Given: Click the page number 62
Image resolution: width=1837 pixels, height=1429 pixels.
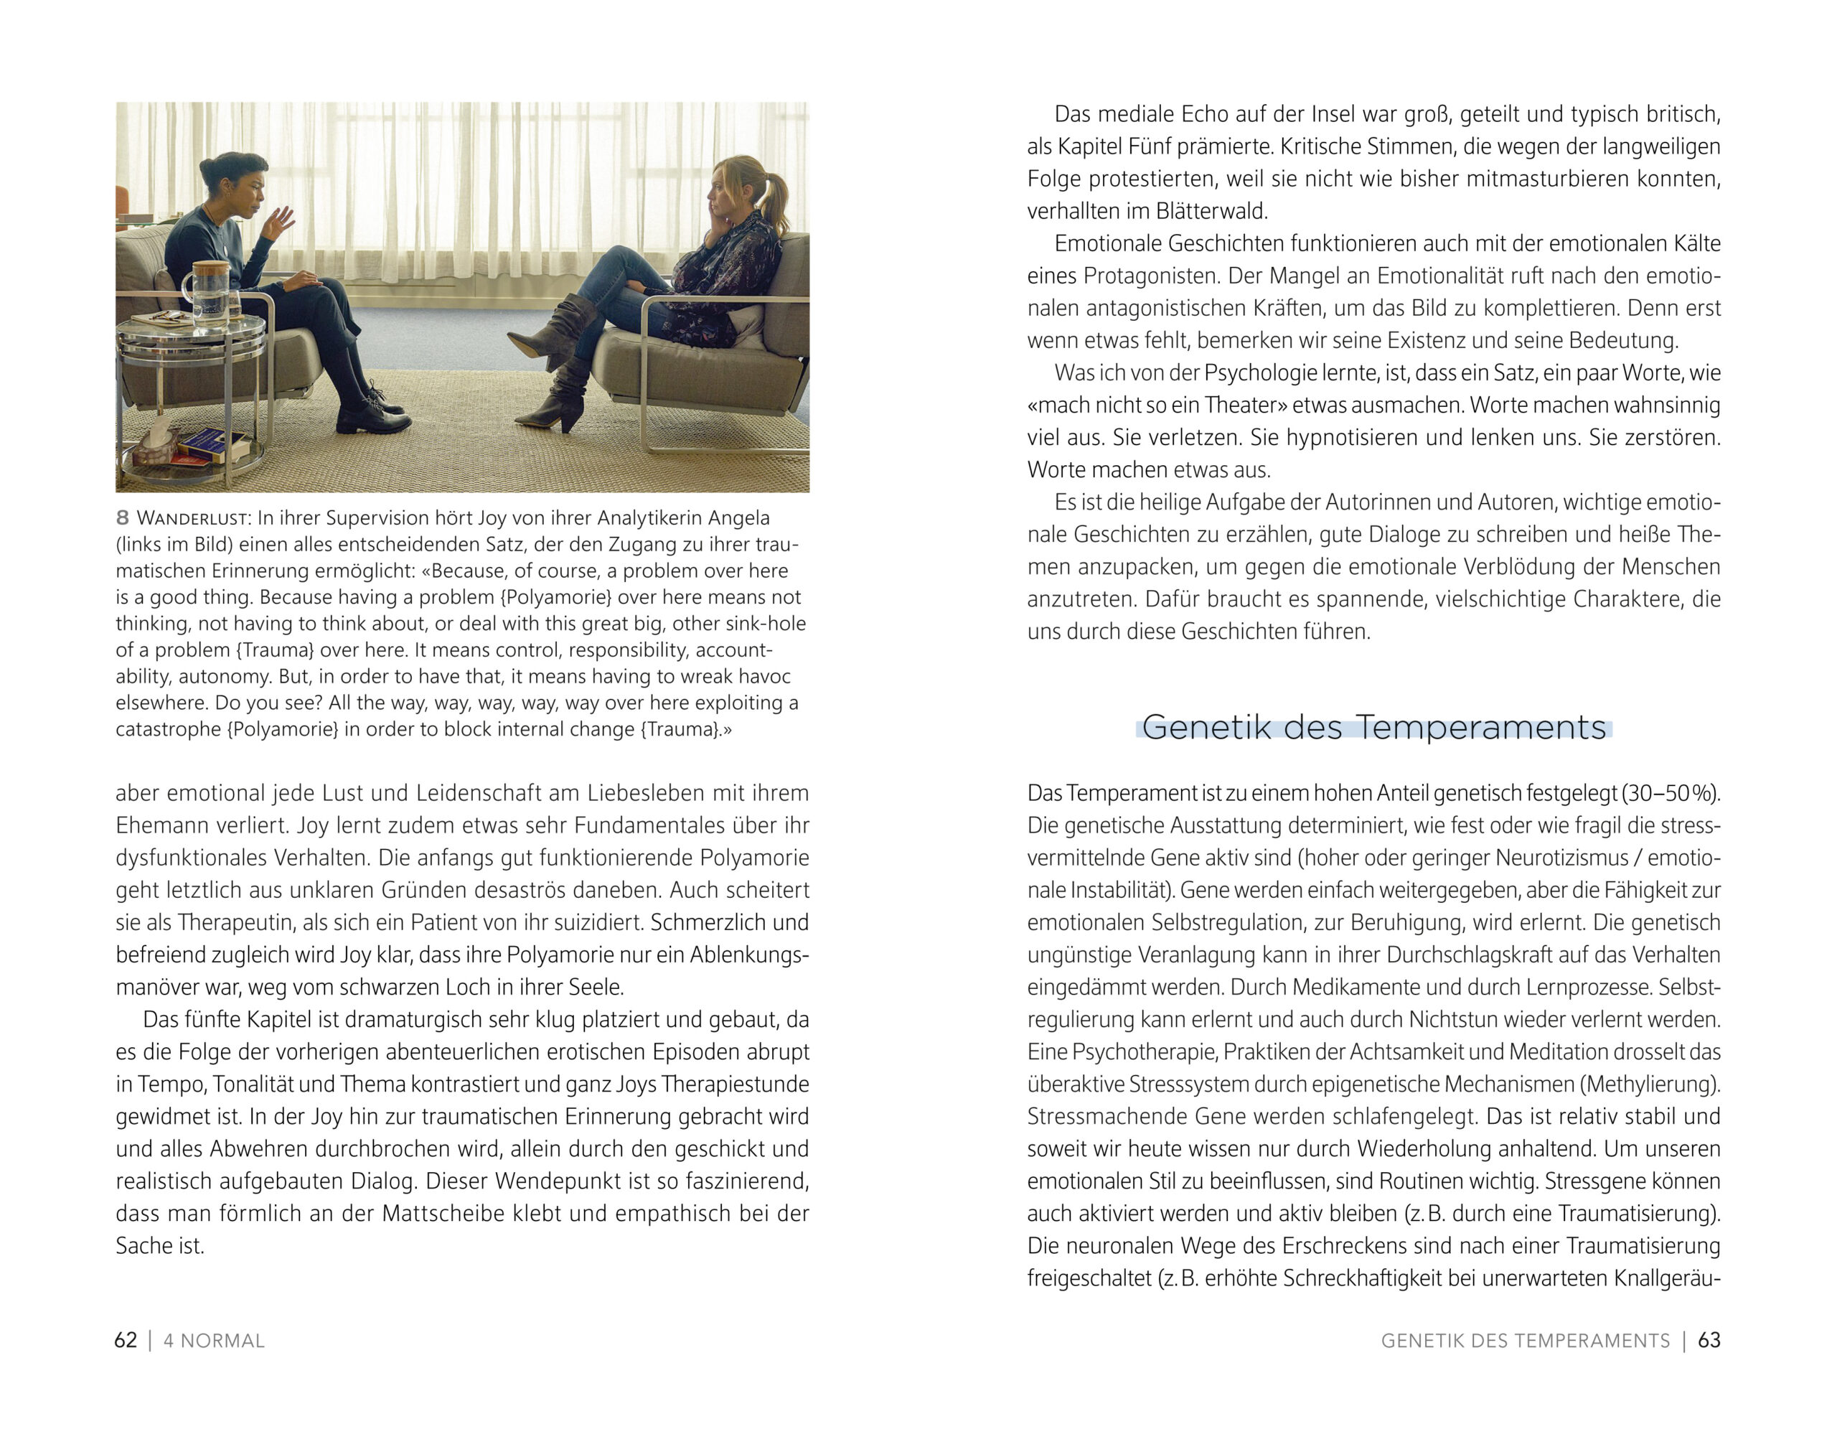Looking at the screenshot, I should [126, 1340].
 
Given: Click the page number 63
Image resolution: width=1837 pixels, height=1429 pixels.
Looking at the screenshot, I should [1709, 1340].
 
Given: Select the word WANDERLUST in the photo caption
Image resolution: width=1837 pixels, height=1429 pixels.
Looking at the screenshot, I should [192, 518].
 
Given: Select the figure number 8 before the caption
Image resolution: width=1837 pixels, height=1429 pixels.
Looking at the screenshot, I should [123, 518].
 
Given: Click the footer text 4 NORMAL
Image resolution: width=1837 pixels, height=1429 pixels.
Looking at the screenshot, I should [214, 1341].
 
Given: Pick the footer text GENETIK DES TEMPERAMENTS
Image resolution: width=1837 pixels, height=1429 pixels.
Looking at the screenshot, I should [1525, 1341].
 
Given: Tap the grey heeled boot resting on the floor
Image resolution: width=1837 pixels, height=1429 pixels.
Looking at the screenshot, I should [553, 398].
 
